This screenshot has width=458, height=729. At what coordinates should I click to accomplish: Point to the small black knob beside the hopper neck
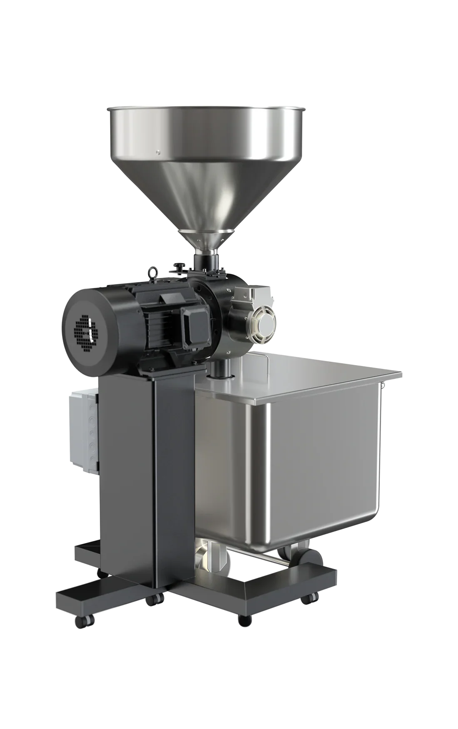[x=179, y=266]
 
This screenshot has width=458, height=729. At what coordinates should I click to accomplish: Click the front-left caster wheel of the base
[x=79, y=621]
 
